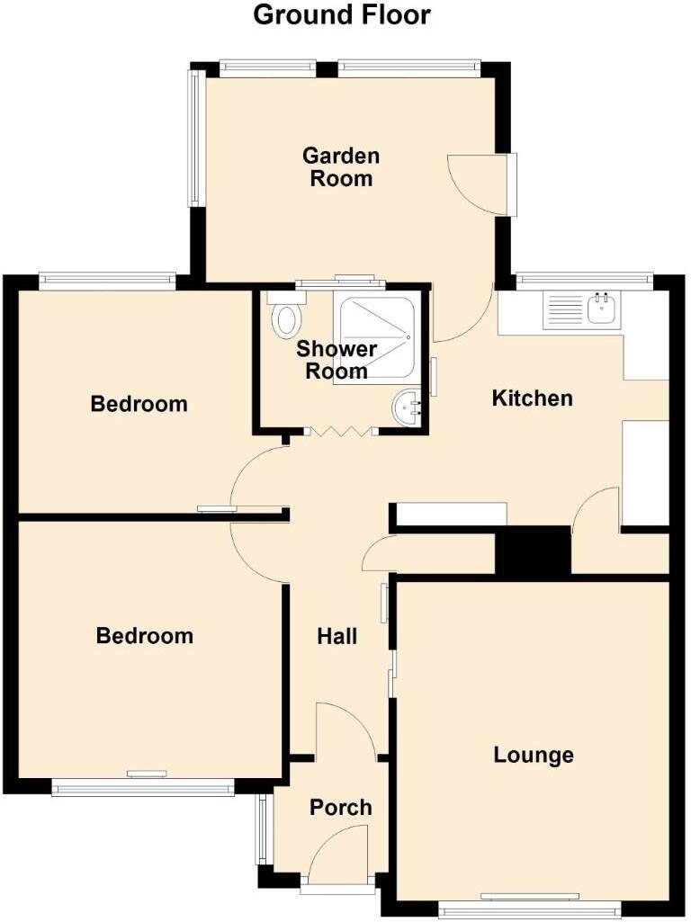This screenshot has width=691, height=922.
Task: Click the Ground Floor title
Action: point(341,15)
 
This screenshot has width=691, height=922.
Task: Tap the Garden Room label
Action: point(340,166)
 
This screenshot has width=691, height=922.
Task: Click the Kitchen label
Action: point(532,398)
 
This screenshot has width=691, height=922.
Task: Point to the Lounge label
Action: point(534,754)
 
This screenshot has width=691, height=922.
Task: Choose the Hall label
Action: point(337,637)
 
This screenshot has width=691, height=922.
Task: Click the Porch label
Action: point(340,807)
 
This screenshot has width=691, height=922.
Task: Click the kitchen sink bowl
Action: point(601,309)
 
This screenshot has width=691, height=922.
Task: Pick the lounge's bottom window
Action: point(529,910)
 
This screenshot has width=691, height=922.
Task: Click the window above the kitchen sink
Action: point(585,281)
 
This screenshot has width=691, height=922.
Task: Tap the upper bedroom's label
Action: point(139,404)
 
